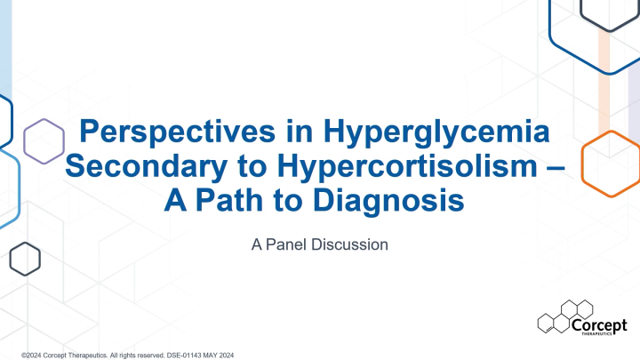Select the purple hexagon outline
coord(44,141)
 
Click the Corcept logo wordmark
coord(601,324)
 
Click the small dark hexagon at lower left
coord(25,259)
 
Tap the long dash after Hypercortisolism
coord(553,167)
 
